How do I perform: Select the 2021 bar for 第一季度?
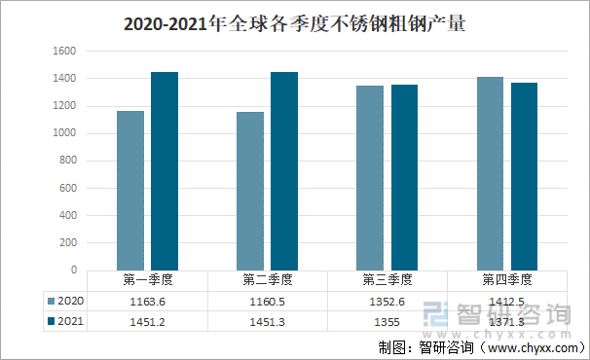click(165, 170)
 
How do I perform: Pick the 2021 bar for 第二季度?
click(284, 170)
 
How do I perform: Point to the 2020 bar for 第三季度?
click(371, 177)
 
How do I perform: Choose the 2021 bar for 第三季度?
click(405, 177)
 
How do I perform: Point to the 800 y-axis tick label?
click(67, 161)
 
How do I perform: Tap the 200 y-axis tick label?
click(67, 242)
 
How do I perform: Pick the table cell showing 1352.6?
click(387, 301)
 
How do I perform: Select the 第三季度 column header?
click(387, 280)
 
